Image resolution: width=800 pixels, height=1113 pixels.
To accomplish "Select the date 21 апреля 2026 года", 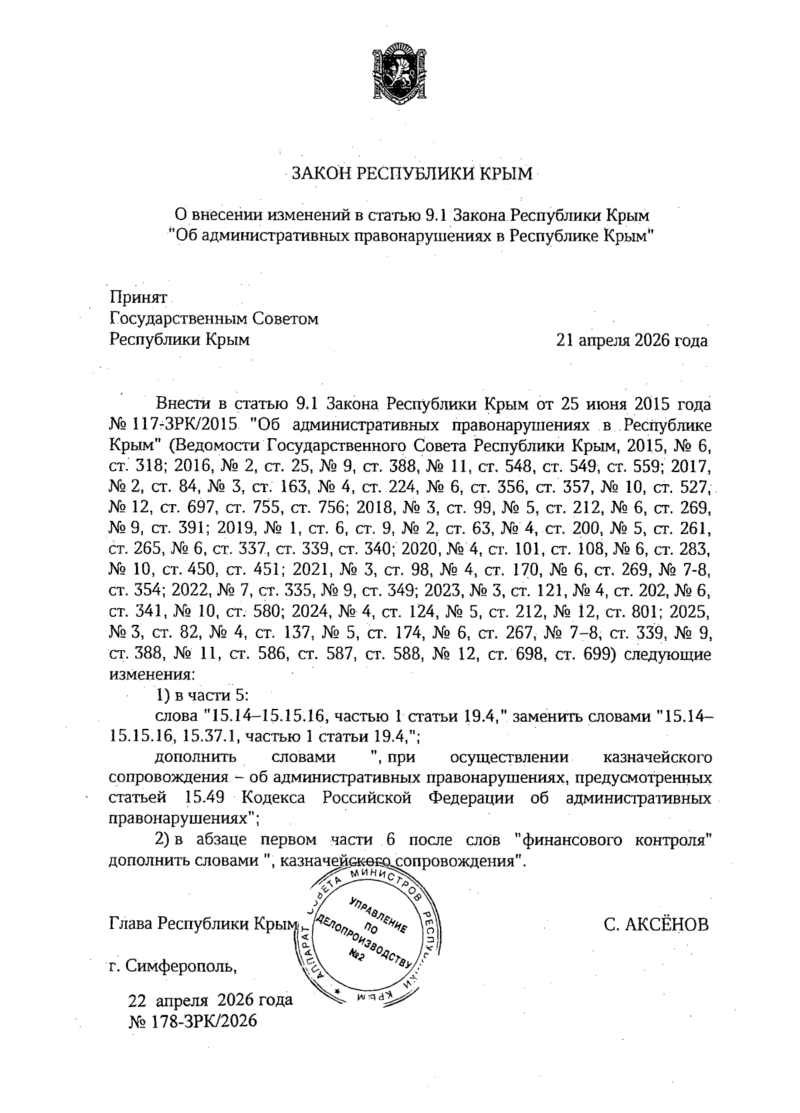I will click(x=632, y=341).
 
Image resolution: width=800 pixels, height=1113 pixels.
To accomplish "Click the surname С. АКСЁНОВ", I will click(x=655, y=924).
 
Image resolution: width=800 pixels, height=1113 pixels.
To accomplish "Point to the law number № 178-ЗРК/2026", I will click(x=191, y=1022).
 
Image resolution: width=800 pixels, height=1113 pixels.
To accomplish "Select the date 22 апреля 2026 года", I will click(x=210, y=1000).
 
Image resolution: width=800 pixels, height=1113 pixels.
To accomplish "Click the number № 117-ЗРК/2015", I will click(x=173, y=425).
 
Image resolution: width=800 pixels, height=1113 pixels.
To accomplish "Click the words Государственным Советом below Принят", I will click(x=213, y=319).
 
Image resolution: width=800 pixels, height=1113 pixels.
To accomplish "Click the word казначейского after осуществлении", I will click(x=657, y=757).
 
